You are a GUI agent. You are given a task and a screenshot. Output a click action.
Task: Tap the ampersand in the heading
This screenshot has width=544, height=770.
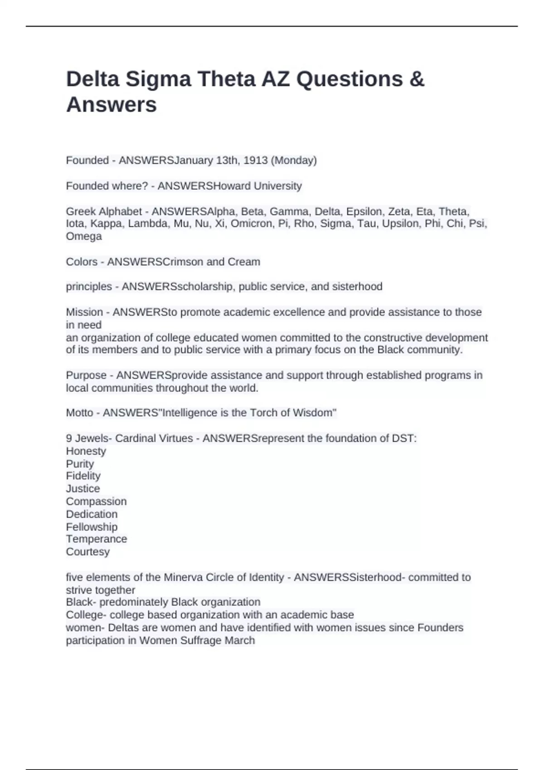click(x=417, y=79)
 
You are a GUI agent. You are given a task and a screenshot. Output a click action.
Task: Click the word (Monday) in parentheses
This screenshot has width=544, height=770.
click(x=294, y=160)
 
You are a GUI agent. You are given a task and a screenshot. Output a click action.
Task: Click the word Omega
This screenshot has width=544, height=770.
click(x=84, y=236)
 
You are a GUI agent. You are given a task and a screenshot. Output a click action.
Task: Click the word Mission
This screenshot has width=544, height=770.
click(x=84, y=312)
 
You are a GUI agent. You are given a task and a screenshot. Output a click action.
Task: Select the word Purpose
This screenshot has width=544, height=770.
click(x=86, y=375)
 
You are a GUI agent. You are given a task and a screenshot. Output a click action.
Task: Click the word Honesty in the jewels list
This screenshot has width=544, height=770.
click(x=86, y=451)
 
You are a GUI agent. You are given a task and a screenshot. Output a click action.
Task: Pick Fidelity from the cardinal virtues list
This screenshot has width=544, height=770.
click(x=83, y=476)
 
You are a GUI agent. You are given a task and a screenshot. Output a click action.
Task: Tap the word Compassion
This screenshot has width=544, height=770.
click(x=96, y=501)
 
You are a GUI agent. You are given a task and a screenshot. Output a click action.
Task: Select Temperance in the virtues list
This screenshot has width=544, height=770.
click(x=96, y=539)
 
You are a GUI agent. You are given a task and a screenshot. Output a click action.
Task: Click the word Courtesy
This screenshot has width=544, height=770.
click(x=88, y=552)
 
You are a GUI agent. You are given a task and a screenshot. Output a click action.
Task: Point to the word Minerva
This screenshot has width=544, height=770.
click(x=183, y=577)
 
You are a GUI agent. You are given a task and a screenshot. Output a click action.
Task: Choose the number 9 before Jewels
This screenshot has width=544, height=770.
click(x=69, y=438)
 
